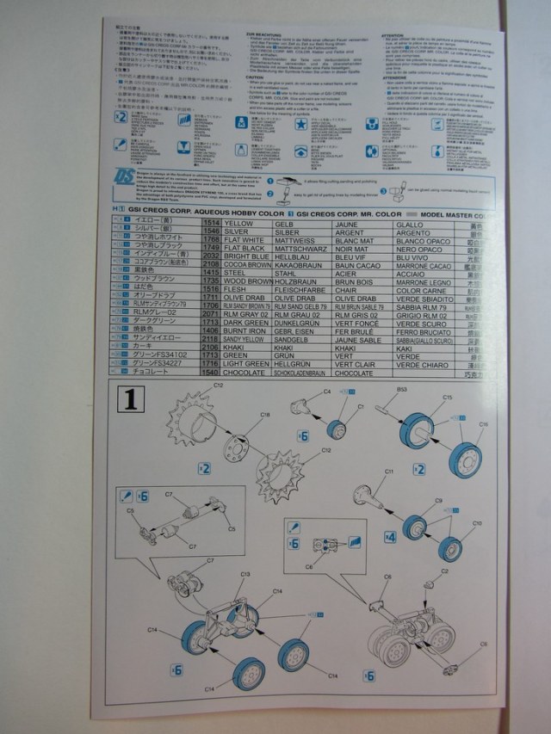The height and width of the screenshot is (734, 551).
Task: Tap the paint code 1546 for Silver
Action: (x=209, y=232)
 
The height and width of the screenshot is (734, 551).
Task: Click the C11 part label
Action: (x=388, y=472)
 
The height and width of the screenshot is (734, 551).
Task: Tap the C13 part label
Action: (x=245, y=574)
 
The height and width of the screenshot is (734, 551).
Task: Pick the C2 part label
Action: (x=445, y=570)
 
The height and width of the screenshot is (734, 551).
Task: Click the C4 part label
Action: (x=327, y=392)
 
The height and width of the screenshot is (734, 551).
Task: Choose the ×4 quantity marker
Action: (x=390, y=536)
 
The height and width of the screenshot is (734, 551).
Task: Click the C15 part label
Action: (x=447, y=397)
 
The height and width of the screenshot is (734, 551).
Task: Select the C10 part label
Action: (x=476, y=522)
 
